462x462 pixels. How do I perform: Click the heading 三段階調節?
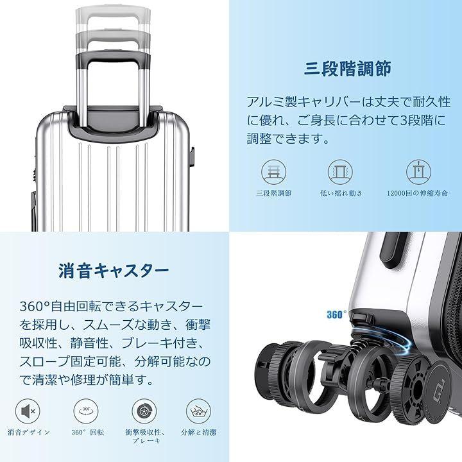(x=347, y=69)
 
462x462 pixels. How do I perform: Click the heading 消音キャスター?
(x=114, y=271)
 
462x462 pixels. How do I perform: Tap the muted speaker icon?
(x=28, y=411)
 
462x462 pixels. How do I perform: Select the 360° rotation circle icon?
(x=86, y=411)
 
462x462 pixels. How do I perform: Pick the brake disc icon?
(x=144, y=411)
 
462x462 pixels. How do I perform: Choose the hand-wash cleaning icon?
(x=198, y=411)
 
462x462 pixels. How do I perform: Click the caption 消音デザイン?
(x=29, y=432)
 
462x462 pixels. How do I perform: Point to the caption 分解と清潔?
(x=199, y=432)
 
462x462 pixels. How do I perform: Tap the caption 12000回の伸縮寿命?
(x=418, y=193)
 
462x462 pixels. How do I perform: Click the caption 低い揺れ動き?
(x=341, y=193)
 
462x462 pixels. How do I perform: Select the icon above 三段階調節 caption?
(x=274, y=172)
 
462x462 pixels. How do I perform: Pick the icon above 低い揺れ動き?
(x=340, y=172)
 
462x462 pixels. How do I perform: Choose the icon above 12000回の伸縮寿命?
(x=418, y=172)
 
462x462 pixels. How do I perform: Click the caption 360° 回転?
(x=87, y=432)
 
